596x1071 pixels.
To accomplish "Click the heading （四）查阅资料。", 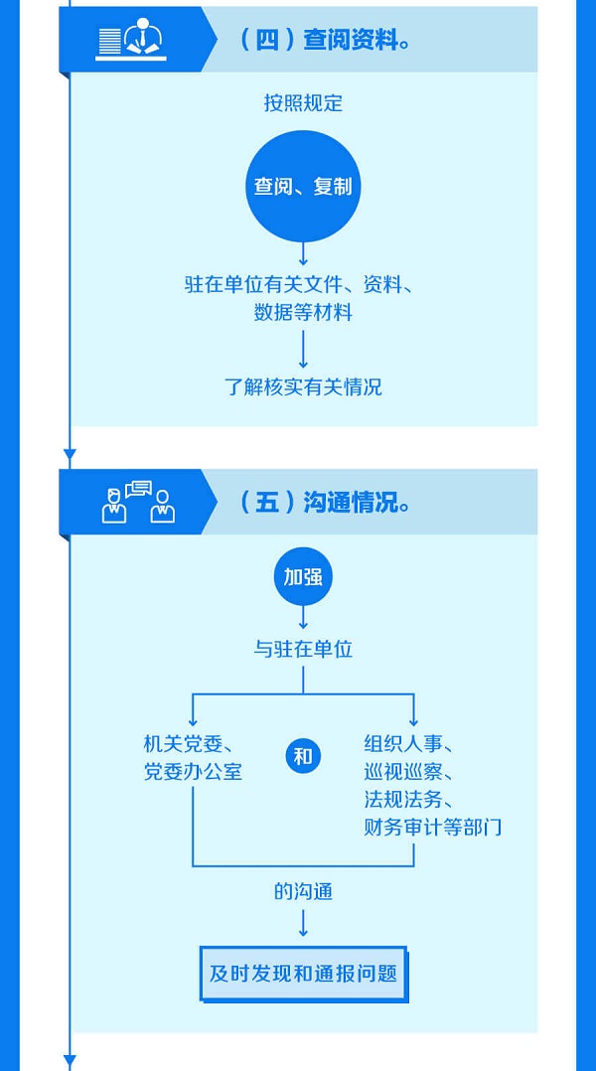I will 326,40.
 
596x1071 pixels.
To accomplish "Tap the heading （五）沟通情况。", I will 326,502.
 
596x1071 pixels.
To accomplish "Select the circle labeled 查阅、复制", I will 303,187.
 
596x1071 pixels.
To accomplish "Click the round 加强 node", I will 303,576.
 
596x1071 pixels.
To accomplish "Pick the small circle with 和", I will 303,757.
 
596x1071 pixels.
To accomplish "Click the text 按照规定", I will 303,103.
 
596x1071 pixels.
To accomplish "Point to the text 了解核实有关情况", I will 303,386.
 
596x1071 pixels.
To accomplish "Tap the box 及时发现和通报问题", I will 303,973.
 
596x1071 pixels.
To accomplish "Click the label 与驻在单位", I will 303,650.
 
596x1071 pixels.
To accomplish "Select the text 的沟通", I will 303,891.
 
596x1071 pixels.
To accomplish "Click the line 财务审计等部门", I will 433,827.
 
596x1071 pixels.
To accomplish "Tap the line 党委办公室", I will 193,771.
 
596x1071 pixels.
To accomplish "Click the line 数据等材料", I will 303,312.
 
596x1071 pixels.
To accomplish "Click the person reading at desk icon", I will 130,41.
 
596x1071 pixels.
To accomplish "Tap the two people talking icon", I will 138,503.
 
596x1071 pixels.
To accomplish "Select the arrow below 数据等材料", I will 303,349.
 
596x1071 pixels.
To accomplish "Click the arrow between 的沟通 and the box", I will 303,924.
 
